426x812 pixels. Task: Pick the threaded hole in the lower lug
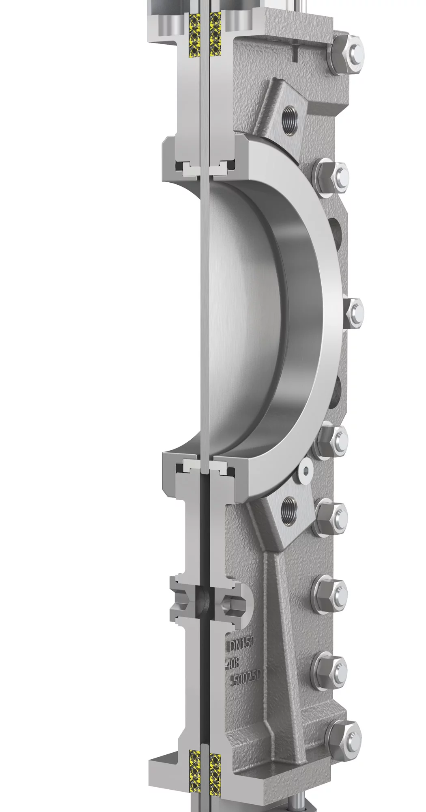pyautogui.click(x=290, y=506)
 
